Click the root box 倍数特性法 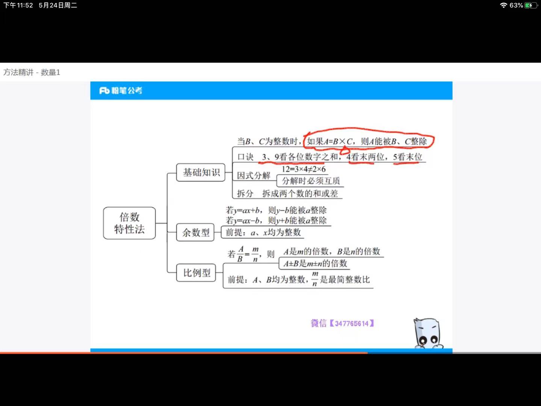(129, 223)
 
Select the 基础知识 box (201, 173)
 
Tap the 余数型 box (196, 232)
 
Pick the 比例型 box (196, 273)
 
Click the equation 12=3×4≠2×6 (304, 169)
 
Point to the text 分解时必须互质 (311, 181)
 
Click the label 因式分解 (254, 176)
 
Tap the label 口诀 (245, 157)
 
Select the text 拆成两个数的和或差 (300, 194)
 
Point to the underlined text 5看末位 (408, 157)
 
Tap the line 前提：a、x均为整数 (263, 233)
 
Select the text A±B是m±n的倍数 (315, 264)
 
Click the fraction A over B (240, 254)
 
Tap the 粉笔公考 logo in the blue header (121, 91)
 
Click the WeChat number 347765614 (352, 323)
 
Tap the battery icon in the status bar (531, 5)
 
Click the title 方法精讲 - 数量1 (32, 72)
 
